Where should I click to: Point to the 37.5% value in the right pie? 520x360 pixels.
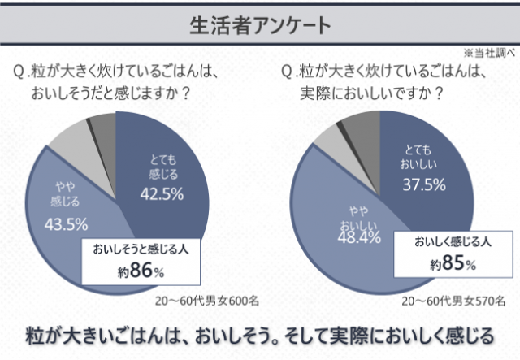click(424, 184)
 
